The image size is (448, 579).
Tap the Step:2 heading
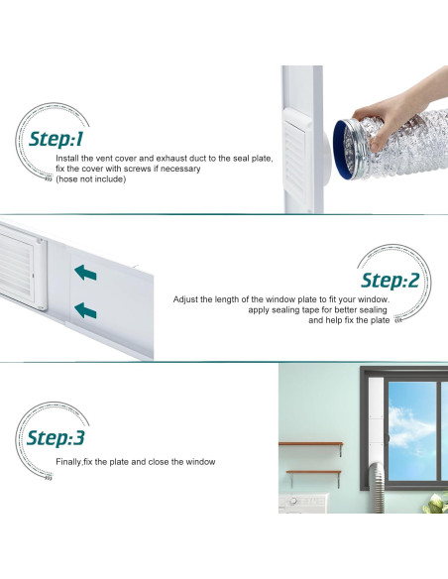(x=391, y=280)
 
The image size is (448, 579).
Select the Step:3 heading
(x=56, y=437)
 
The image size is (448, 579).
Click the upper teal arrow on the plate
(x=86, y=271)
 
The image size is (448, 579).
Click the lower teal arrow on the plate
(x=86, y=310)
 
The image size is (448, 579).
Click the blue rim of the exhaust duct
(x=343, y=149)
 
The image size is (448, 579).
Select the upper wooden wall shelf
(x=310, y=445)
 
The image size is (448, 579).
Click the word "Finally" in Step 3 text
(x=68, y=462)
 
